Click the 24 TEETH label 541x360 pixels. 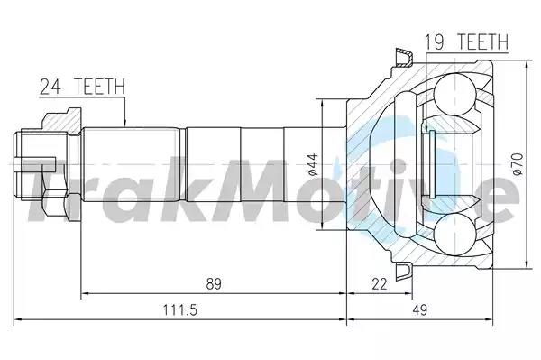[x=82, y=87]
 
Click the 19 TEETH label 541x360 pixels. [x=466, y=42]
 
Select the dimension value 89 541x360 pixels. [x=214, y=283]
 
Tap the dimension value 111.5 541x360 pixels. [x=179, y=310]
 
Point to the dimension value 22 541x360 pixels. [x=380, y=283]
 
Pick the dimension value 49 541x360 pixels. [x=419, y=310]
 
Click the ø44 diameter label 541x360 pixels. [x=313, y=164]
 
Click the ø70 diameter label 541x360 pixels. [x=518, y=164]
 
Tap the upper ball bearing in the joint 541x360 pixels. [x=454, y=94]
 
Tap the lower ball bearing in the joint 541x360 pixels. [x=454, y=235]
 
